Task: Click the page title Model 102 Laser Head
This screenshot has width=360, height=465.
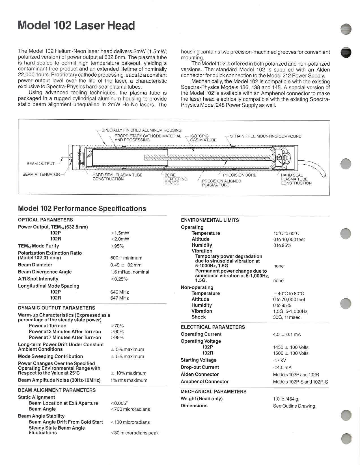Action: [76, 25]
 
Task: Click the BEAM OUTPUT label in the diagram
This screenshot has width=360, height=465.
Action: [40, 163]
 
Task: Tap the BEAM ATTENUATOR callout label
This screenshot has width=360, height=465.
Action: [41, 174]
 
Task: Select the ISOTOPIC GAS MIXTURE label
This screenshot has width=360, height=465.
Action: [203, 138]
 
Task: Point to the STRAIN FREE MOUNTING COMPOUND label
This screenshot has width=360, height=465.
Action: [266, 136]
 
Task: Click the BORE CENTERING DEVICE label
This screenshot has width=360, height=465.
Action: [176, 179]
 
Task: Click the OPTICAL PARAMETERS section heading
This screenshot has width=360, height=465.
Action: [45, 220]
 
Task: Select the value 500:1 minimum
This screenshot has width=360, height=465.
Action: [126, 258]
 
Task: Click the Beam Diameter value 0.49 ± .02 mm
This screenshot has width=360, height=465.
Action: [126, 265]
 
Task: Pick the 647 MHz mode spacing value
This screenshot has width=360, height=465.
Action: [119, 298]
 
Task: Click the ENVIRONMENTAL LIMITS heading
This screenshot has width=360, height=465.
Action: [210, 220]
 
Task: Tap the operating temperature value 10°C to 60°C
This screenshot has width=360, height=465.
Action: [286, 233]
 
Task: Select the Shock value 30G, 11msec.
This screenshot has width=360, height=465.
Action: [287, 317]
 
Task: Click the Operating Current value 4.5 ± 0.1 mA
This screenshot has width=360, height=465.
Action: [287, 334]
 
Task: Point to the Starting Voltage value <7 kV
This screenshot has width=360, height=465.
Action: [279, 360]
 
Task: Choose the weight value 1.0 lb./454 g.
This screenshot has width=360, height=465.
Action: [286, 399]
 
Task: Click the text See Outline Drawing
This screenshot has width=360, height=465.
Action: [294, 406]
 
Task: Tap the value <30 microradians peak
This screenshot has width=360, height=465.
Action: [134, 433]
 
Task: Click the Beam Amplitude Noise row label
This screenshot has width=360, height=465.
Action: [59, 380]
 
